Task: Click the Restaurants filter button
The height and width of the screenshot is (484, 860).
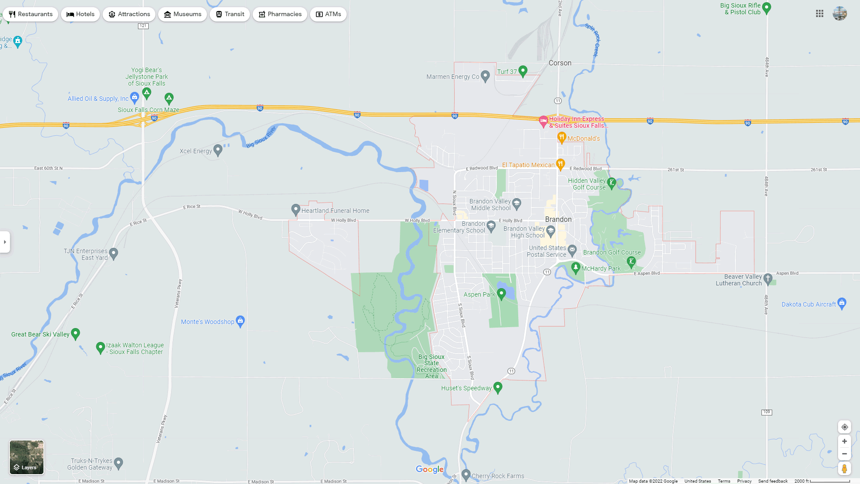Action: click(x=30, y=14)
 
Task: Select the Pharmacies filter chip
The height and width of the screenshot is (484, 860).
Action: click(x=279, y=14)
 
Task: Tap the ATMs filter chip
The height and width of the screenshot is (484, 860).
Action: click(x=328, y=14)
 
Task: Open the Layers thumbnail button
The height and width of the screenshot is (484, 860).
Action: click(x=27, y=457)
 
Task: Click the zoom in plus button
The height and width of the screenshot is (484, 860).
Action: click(x=844, y=441)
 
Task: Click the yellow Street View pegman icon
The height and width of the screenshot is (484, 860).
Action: click(x=844, y=469)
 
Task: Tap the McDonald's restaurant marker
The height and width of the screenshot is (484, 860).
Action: click(x=562, y=138)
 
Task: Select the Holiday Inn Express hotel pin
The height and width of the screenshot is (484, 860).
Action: click(x=543, y=121)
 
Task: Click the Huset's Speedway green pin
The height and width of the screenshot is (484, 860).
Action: click(x=498, y=387)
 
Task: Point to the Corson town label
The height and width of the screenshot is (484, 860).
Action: click(x=560, y=63)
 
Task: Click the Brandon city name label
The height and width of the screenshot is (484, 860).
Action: click(x=558, y=219)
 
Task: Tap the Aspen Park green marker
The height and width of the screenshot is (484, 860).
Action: click(x=502, y=294)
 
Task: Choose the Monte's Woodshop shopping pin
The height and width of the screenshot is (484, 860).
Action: click(x=240, y=321)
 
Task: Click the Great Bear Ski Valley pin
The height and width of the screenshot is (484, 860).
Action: click(x=76, y=333)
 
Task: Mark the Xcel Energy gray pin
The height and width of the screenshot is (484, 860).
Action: click(x=218, y=150)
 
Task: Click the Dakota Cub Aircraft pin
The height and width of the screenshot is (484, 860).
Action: click(x=842, y=303)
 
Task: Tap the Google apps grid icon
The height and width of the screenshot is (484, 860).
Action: click(x=820, y=14)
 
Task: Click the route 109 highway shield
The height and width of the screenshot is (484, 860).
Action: click(x=767, y=412)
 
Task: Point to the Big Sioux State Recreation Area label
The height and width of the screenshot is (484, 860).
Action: click(x=431, y=367)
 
